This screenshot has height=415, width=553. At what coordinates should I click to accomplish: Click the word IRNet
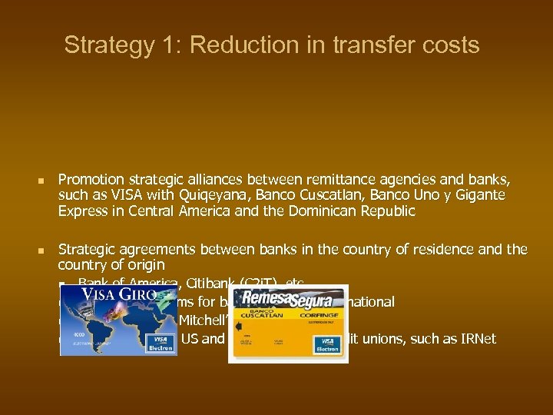tap(477, 339)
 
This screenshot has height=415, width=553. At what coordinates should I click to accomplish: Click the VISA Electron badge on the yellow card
tap(329, 344)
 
